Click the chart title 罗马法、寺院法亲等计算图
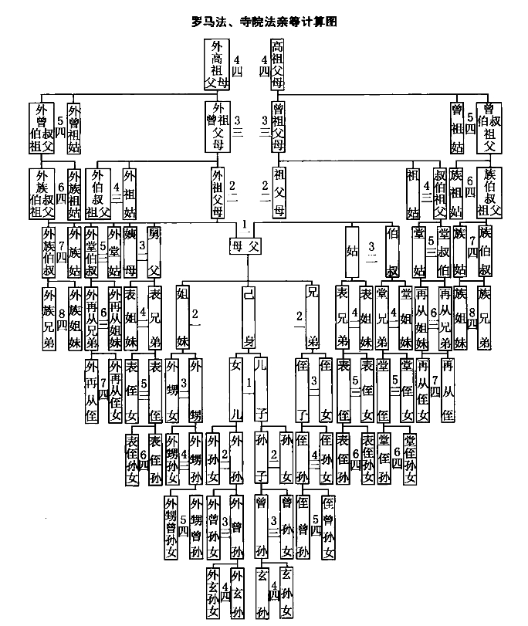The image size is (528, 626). coord(263,22)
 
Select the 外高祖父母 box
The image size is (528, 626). coord(216,63)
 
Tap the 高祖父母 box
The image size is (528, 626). coord(276,63)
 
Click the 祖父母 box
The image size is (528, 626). coord(278,192)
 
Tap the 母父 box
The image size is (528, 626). coord(247,246)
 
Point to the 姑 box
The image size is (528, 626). coord(352,250)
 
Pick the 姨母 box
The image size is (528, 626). coord(131,250)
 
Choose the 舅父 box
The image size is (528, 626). coord(154,250)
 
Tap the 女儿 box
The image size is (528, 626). coord(236,387)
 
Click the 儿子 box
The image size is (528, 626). coord(260,387)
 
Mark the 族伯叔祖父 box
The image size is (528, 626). coord(488,192)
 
